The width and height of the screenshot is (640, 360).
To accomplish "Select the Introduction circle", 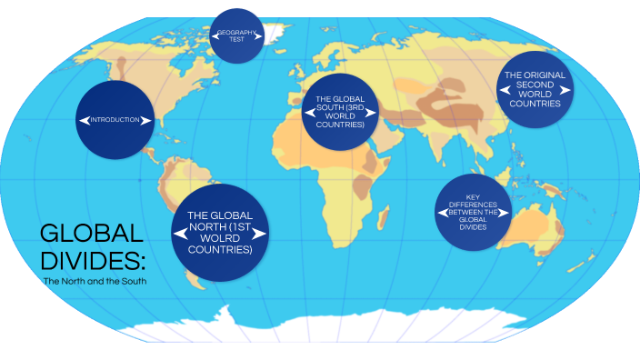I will [115, 119].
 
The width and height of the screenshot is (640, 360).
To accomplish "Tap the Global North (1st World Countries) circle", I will [220, 234].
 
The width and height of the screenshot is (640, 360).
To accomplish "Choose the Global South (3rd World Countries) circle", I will [341, 114].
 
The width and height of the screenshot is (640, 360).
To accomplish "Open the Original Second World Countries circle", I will [535, 89].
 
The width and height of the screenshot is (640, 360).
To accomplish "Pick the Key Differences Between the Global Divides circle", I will [474, 211].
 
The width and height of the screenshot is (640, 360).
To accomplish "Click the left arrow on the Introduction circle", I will [82, 120].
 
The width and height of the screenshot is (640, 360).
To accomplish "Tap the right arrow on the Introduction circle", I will [147, 120].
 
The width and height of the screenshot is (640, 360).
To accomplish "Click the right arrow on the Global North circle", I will [259, 234].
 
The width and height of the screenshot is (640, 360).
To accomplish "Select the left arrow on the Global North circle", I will [180, 234].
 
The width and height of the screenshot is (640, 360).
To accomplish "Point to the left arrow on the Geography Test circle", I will [215, 36].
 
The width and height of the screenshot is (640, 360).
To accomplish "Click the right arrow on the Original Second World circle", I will [567, 89].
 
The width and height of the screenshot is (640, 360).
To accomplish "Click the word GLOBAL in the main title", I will [91, 234].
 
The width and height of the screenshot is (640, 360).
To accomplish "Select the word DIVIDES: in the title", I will [92, 261].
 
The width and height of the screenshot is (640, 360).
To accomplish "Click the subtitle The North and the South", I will [95, 281].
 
